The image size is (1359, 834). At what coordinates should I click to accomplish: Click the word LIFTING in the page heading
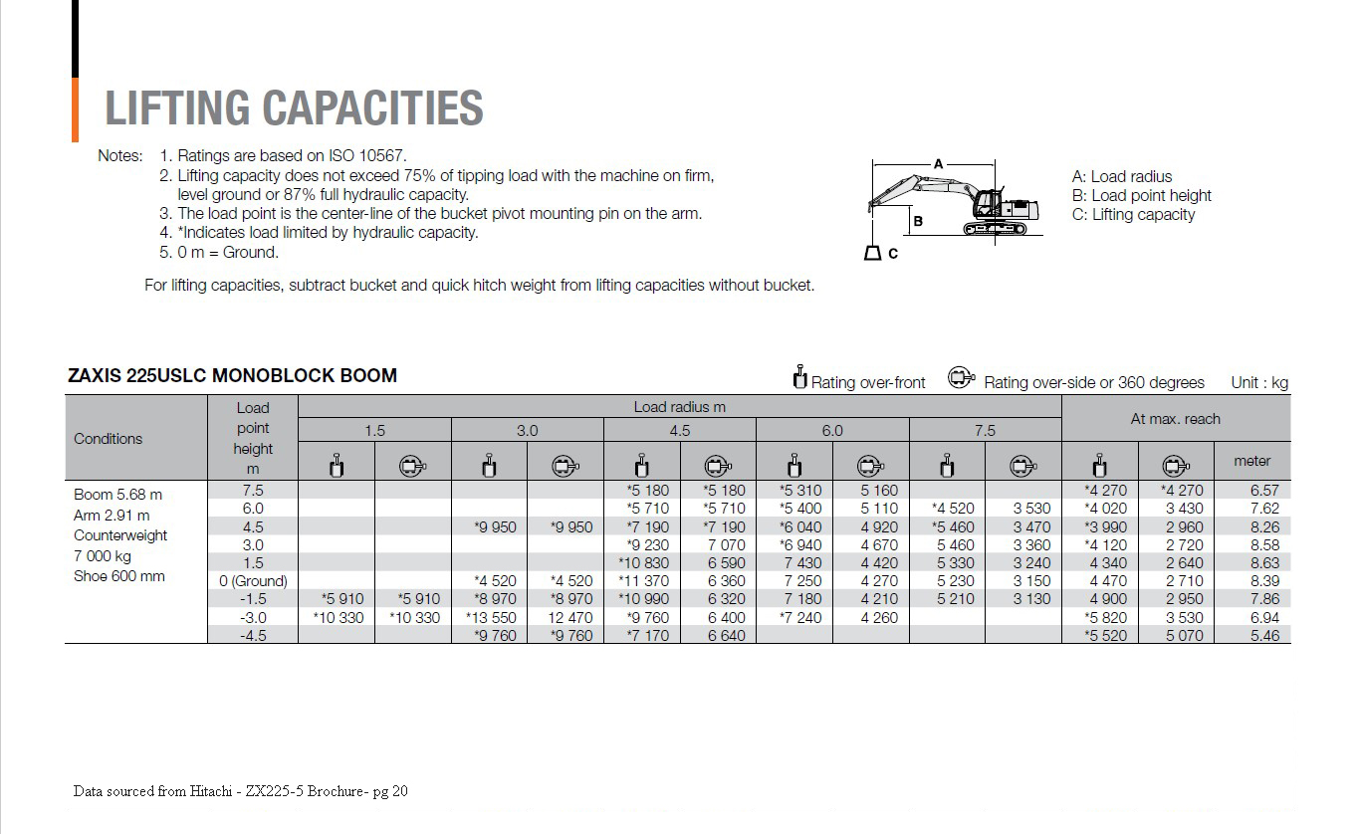[177, 108]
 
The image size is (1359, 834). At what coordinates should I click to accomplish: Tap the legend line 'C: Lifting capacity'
[1133, 215]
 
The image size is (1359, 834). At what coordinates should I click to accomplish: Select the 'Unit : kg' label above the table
[1258, 383]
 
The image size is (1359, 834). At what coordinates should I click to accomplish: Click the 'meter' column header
[1251, 461]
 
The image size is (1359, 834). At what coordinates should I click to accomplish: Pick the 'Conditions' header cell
[108, 439]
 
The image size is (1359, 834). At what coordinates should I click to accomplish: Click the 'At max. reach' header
[1175, 419]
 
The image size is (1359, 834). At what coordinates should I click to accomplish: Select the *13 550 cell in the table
[491, 618]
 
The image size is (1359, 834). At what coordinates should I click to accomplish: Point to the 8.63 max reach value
[1263, 563]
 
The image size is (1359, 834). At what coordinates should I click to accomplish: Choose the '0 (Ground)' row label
[253, 581]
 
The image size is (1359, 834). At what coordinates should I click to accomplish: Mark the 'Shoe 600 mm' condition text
[119, 577]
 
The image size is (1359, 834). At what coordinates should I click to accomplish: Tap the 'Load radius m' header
[679, 407]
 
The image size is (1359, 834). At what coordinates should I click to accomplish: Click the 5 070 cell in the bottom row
[1184, 636]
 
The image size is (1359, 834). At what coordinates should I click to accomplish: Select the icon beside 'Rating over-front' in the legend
[798, 378]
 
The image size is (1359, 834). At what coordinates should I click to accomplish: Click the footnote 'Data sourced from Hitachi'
[240, 792]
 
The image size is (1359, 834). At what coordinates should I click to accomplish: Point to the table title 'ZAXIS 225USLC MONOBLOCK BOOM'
[232, 376]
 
